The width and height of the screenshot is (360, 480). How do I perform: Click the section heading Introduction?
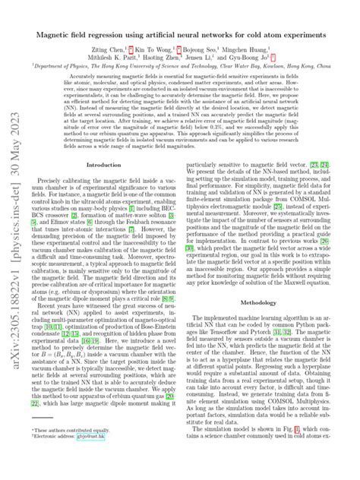click(104, 185)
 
